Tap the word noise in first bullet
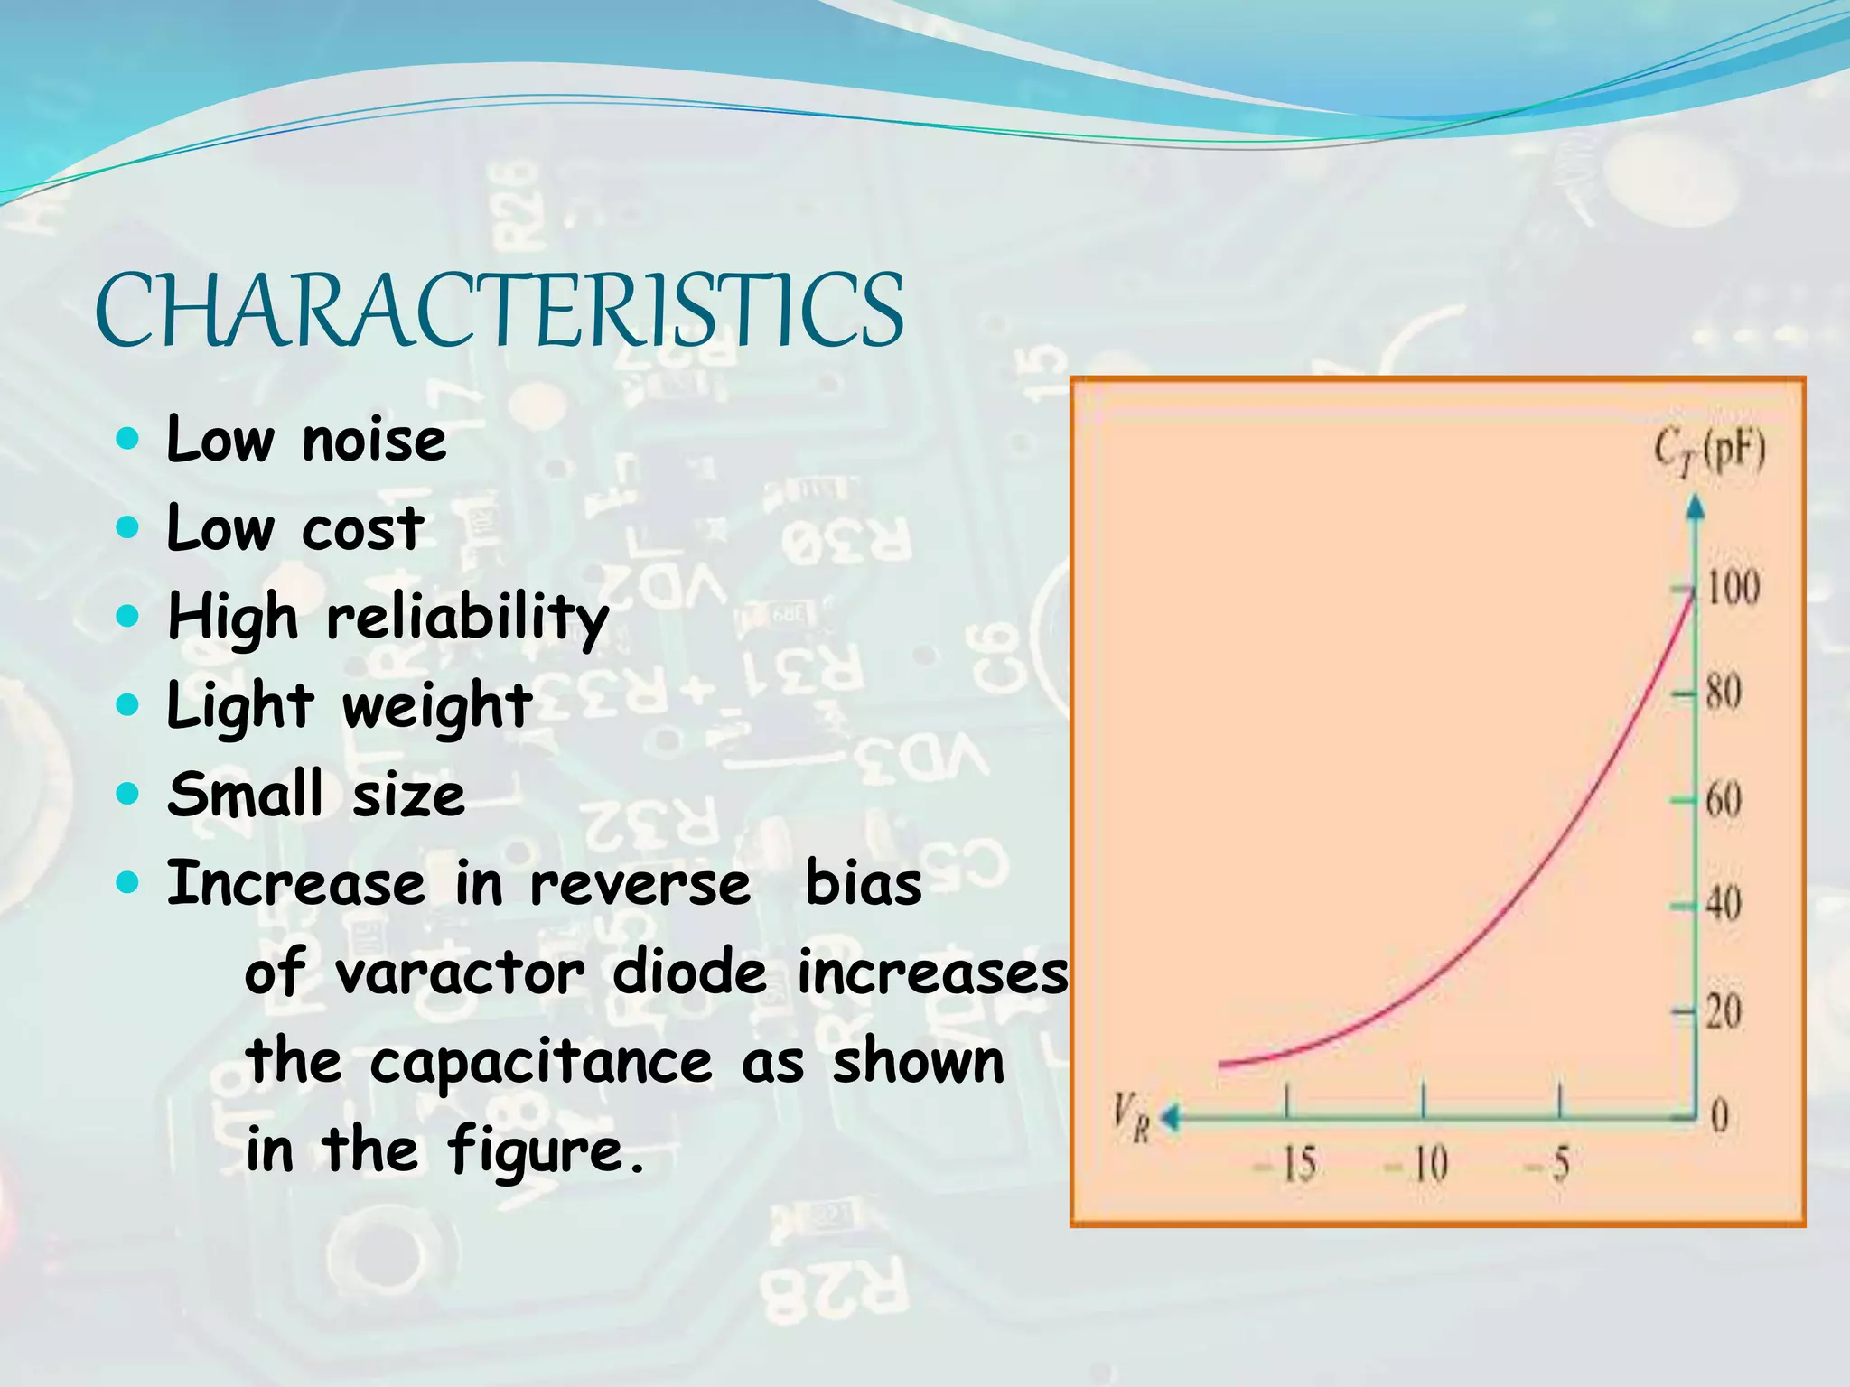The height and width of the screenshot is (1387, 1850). click(x=374, y=442)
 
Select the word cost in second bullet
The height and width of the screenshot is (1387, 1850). click(x=362, y=530)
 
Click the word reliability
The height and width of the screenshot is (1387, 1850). click(x=467, y=619)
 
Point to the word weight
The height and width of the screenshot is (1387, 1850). click(x=437, y=707)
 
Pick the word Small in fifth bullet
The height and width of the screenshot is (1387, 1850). click(x=245, y=795)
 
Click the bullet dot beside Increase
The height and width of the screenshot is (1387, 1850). click(x=129, y=882)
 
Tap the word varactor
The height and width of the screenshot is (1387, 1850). click(x=460, y=974)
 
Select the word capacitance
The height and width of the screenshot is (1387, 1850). click(x=541, y=1063)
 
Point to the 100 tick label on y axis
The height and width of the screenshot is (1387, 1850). click(x=1733, y=588)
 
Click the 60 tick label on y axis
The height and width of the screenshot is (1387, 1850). click(x=1724, y=799)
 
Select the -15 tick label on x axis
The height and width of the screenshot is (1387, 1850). click(x=1286, y=1164)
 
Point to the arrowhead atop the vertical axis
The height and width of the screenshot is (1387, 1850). click(x=1696, y=507)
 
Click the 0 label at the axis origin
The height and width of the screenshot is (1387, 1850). click(x=1719, y=1117)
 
